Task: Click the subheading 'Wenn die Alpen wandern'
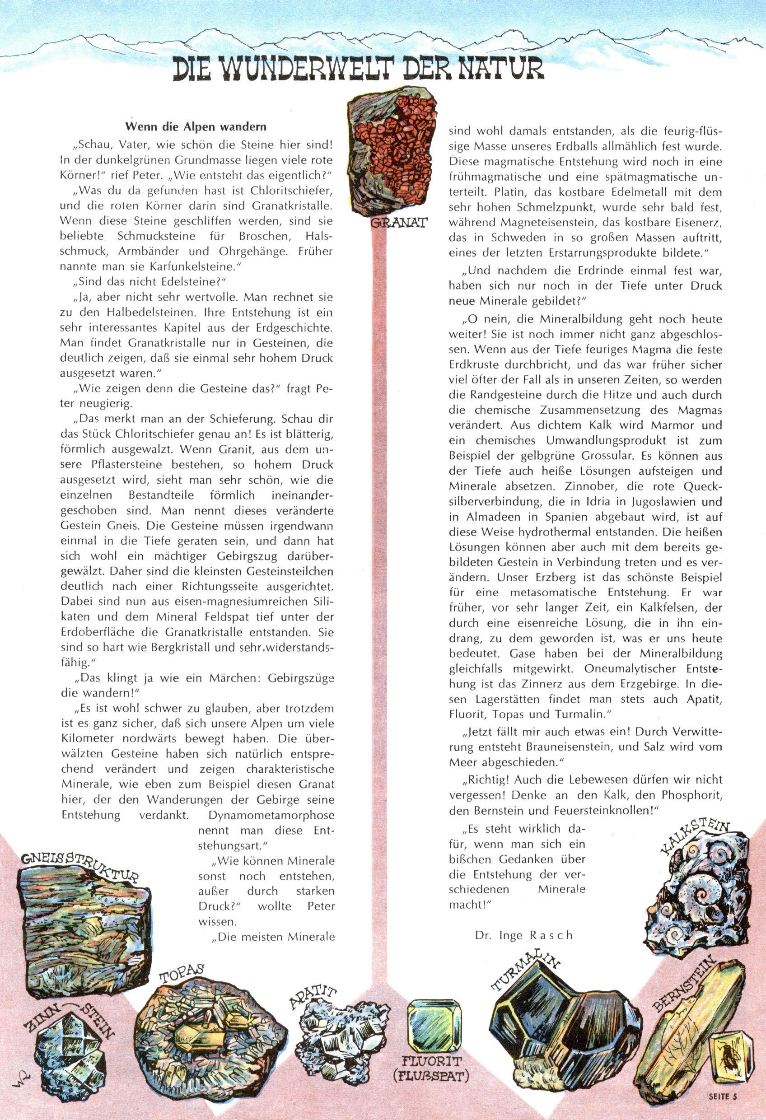coord(196,127)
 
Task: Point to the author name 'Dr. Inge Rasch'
coord(524,935)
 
